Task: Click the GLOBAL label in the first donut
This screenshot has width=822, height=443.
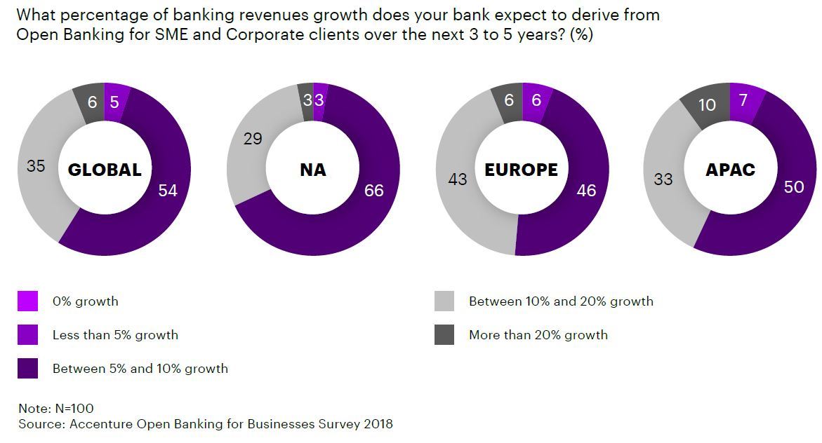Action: click(x=104, y=170)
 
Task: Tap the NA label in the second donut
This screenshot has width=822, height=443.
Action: click(x=312, y=170)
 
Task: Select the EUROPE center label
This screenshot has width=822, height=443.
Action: click(x=521, y=170)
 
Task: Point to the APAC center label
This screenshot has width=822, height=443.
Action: click(x=730, y=170)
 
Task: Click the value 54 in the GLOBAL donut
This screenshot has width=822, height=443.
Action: click(x=167, y=191)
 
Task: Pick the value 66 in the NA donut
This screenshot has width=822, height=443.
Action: click(x=374, y=191)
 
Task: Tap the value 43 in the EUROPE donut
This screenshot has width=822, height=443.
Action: click(x=457, y=180)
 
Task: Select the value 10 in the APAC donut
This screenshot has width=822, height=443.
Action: click(x=707, y=105)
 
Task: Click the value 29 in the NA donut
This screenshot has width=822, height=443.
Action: click(x=252, y=139)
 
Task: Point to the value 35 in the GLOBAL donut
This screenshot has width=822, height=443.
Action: click(x=35, y=167)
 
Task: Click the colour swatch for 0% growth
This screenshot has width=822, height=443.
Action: click(x=27, y=301)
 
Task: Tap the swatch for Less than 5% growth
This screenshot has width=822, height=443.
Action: click(x=27, y=335)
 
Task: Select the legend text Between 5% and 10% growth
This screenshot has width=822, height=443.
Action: click(x=140, y=369)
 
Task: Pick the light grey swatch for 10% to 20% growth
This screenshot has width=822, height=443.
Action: click(x=444, y=301)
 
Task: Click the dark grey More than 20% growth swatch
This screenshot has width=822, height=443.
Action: click(x=444, y=335)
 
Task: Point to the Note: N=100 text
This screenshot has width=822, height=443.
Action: click(x=56, y=409)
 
